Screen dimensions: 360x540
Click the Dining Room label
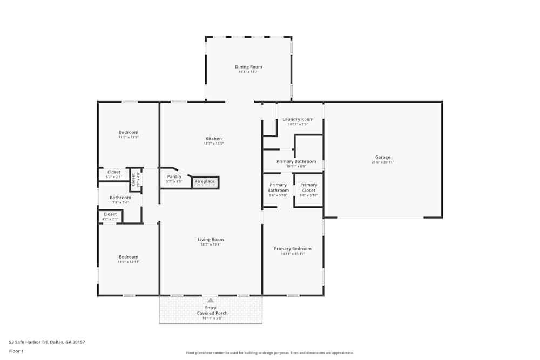coord(248,67)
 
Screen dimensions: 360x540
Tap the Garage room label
coord(382,157)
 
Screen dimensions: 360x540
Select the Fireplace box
coord(205,181)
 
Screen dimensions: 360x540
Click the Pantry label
coord(174,176)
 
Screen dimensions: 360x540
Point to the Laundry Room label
coord(298,119)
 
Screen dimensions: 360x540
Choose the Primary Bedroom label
coord(293,249)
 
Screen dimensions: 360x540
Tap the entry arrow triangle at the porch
coord(210,300)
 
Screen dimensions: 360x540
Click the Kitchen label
coord(213,139)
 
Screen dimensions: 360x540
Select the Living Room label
coord(211,240)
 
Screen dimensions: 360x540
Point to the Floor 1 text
coord(16,351)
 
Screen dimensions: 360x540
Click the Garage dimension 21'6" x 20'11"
coord(382,162)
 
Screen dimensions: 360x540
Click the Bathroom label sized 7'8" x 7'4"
coord(120,198)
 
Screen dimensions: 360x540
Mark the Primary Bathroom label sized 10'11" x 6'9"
coord(296,161)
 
